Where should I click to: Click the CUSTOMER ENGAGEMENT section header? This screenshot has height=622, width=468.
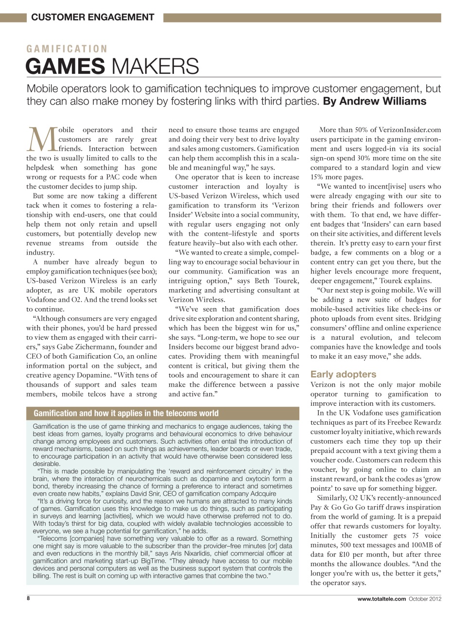click(x=92, y=17)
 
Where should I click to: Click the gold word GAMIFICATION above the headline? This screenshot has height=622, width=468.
click(x=67, y=49)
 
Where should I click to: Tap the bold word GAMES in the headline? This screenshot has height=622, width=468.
click(x=66, y=66)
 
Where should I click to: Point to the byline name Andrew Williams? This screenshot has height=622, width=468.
click(x=382, y=101)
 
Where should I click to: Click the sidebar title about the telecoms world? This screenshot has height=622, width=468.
click(x=126, y=413)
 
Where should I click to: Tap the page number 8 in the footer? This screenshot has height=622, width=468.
click(x=28, y=599)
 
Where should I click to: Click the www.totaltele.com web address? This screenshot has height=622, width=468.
click(x=381, y=599)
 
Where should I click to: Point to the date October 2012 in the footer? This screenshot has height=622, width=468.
click(x=425, y=599)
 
